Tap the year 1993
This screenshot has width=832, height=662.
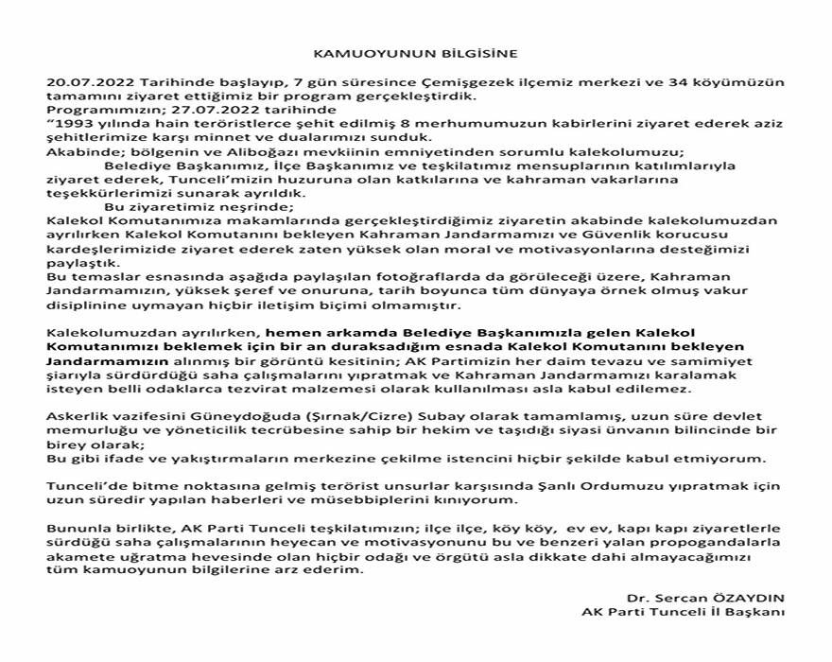[x=74, y=122]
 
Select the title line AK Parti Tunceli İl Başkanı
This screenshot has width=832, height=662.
[x=683, y=611]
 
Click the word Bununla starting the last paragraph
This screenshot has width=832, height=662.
[x=78, y=524]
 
